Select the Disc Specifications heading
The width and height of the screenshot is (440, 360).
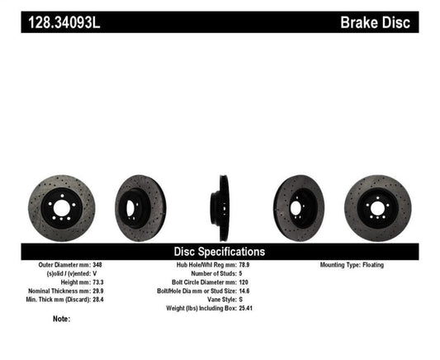click(x=219, y=251)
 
